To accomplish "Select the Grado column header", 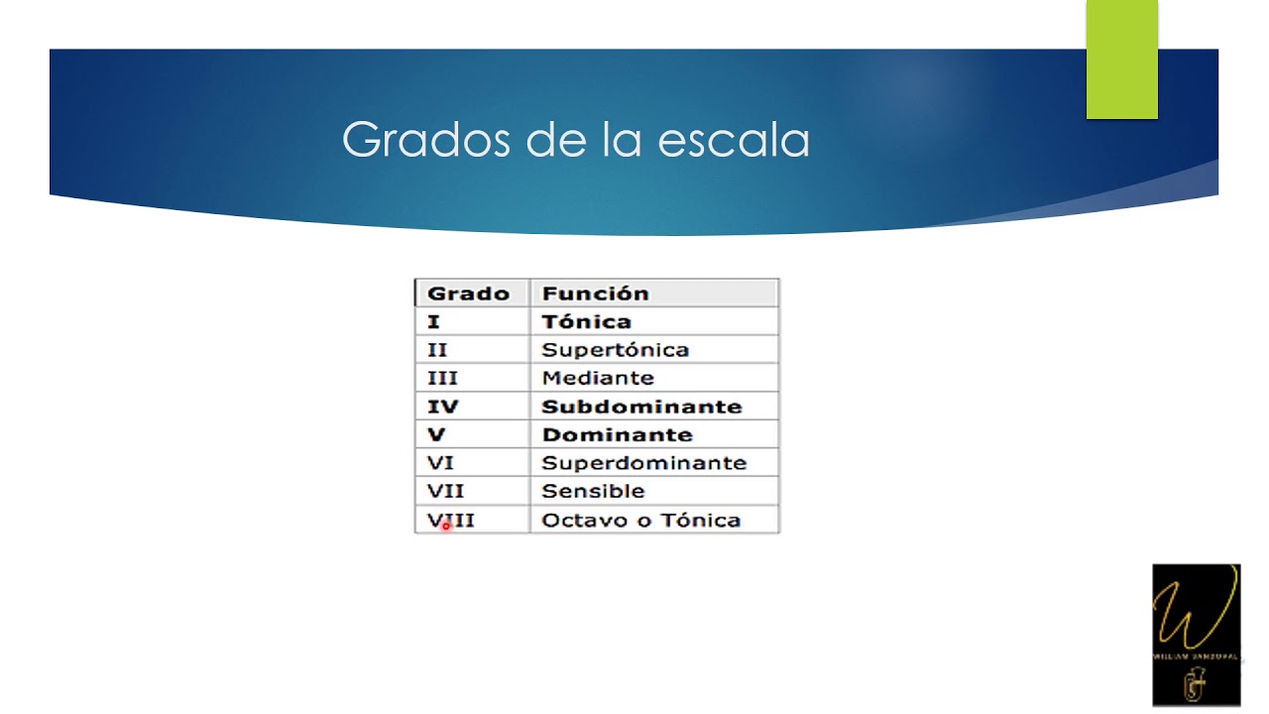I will coord(468,294).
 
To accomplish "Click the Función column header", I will coord(595,294).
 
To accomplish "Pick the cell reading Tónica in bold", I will coord(586,321).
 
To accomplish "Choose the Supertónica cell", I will coord(615,350).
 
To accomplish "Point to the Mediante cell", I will coord(598,378).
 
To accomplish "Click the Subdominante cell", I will coord(641,407).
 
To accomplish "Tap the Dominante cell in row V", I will coord(617,434).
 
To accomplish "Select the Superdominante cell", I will coord(643,463).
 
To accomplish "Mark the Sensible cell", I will coord(593,491).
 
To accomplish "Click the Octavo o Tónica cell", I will coord(640,520).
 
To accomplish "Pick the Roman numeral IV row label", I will coord(442,407).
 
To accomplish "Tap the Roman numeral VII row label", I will coord(445,491).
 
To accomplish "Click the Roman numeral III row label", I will coord(442,378).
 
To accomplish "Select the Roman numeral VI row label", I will coord(440,463).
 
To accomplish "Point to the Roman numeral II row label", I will coord(437,350).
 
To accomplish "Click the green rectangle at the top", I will coord(1121,59).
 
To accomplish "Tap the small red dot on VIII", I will coord(446,527).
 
